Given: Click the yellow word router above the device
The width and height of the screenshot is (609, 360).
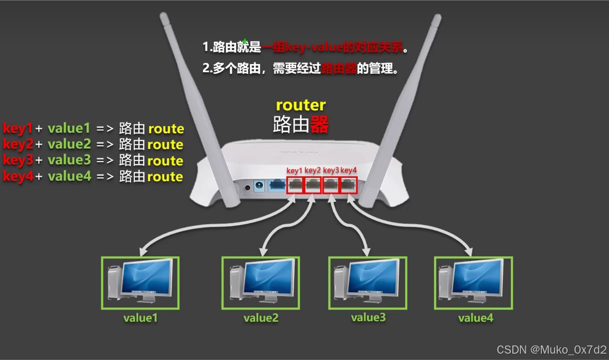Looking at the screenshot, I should [x=301, y=105].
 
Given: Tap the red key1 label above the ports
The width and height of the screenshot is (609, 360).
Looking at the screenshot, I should [x=294, y=170].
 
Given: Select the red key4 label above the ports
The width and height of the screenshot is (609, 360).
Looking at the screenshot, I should [x=348, y=170].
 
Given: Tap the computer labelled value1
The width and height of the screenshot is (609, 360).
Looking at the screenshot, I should [x=140, y=283].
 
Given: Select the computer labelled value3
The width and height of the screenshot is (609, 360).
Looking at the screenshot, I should [x=367, y=283].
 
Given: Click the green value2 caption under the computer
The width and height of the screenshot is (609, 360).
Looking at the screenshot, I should [x=261, y=318].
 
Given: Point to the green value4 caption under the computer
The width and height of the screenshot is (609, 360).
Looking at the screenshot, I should [x=475, y=318].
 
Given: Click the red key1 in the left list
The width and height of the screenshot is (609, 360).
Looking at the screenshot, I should [x=18, y=128].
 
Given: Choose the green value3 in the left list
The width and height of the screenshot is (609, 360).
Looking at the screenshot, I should [x=69, y=160].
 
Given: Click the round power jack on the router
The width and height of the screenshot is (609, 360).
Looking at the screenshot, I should [x=260, y=186].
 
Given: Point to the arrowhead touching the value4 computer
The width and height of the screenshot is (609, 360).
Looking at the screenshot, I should [x=469, y=251].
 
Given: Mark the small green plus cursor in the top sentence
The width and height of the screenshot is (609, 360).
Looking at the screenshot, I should [x=245, y=41].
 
